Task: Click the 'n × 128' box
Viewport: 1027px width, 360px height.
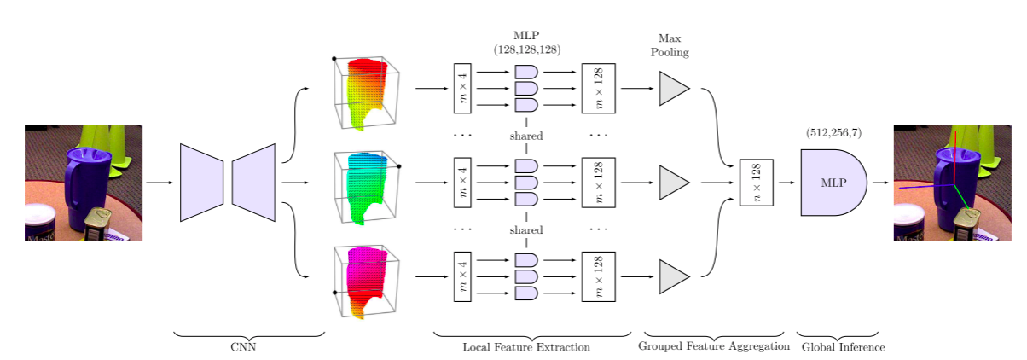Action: pyautogui.click(x=756, y=183)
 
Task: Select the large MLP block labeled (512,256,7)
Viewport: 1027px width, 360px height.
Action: pyautogui.click(x=833, y=183)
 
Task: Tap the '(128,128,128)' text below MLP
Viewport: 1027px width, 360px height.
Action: pyautogui.click(x=526, y=50)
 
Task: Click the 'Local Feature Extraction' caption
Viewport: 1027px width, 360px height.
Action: pyautogui.click(x=526, y=347)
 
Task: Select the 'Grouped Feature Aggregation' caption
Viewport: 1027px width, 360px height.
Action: pyautogui.click(x=714, y=347)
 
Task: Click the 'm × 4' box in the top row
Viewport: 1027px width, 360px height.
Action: pyautogui.click(x=462, y=88)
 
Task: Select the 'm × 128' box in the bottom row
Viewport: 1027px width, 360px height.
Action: pyautogui.click(x=598, y=277)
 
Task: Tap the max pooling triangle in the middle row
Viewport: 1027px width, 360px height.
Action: pyautogui.click(x=673, y=183)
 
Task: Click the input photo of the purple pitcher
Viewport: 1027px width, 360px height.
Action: pyautogui.click(x=84, y=183)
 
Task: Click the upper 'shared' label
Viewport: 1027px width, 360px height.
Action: pyautogui.click(x=526, y=136)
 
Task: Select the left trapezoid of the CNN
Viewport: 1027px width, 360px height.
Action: pyautogui.click(x=201, y=183)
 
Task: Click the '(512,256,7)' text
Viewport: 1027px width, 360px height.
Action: pyautogui.click(x=833, y=134)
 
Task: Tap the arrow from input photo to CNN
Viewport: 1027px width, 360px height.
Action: pyautogui.click(x=160, y=183)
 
